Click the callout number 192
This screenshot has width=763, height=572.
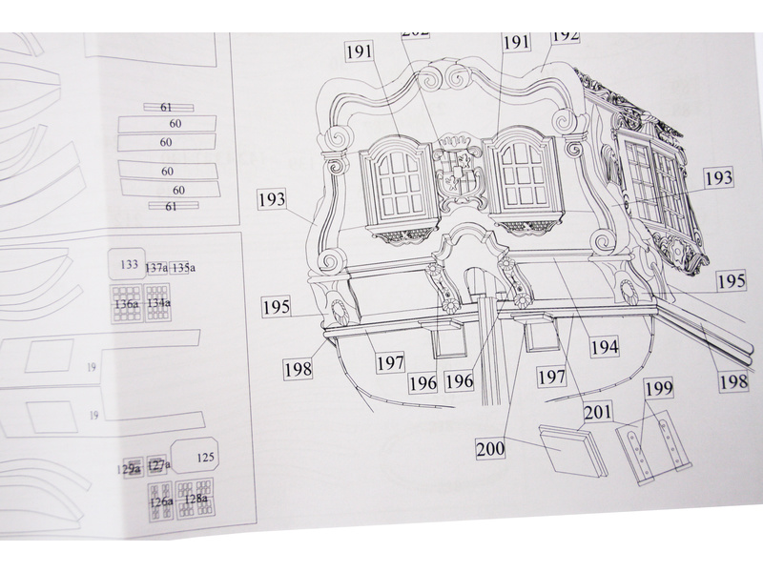point(566,36)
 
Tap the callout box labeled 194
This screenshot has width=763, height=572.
point(604,348)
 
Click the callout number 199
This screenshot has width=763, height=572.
point(659,389)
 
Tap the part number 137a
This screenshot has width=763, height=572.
point(156,269)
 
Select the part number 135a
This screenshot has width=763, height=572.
point(184,269)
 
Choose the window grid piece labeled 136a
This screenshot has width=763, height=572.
point(126,304)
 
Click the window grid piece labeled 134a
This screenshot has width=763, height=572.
point(158,304)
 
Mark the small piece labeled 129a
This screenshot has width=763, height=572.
point(131,468)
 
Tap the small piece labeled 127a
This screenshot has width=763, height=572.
point(158,465)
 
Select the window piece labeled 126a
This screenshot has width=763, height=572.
point(161,500)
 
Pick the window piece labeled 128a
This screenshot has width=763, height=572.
point(196,499)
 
